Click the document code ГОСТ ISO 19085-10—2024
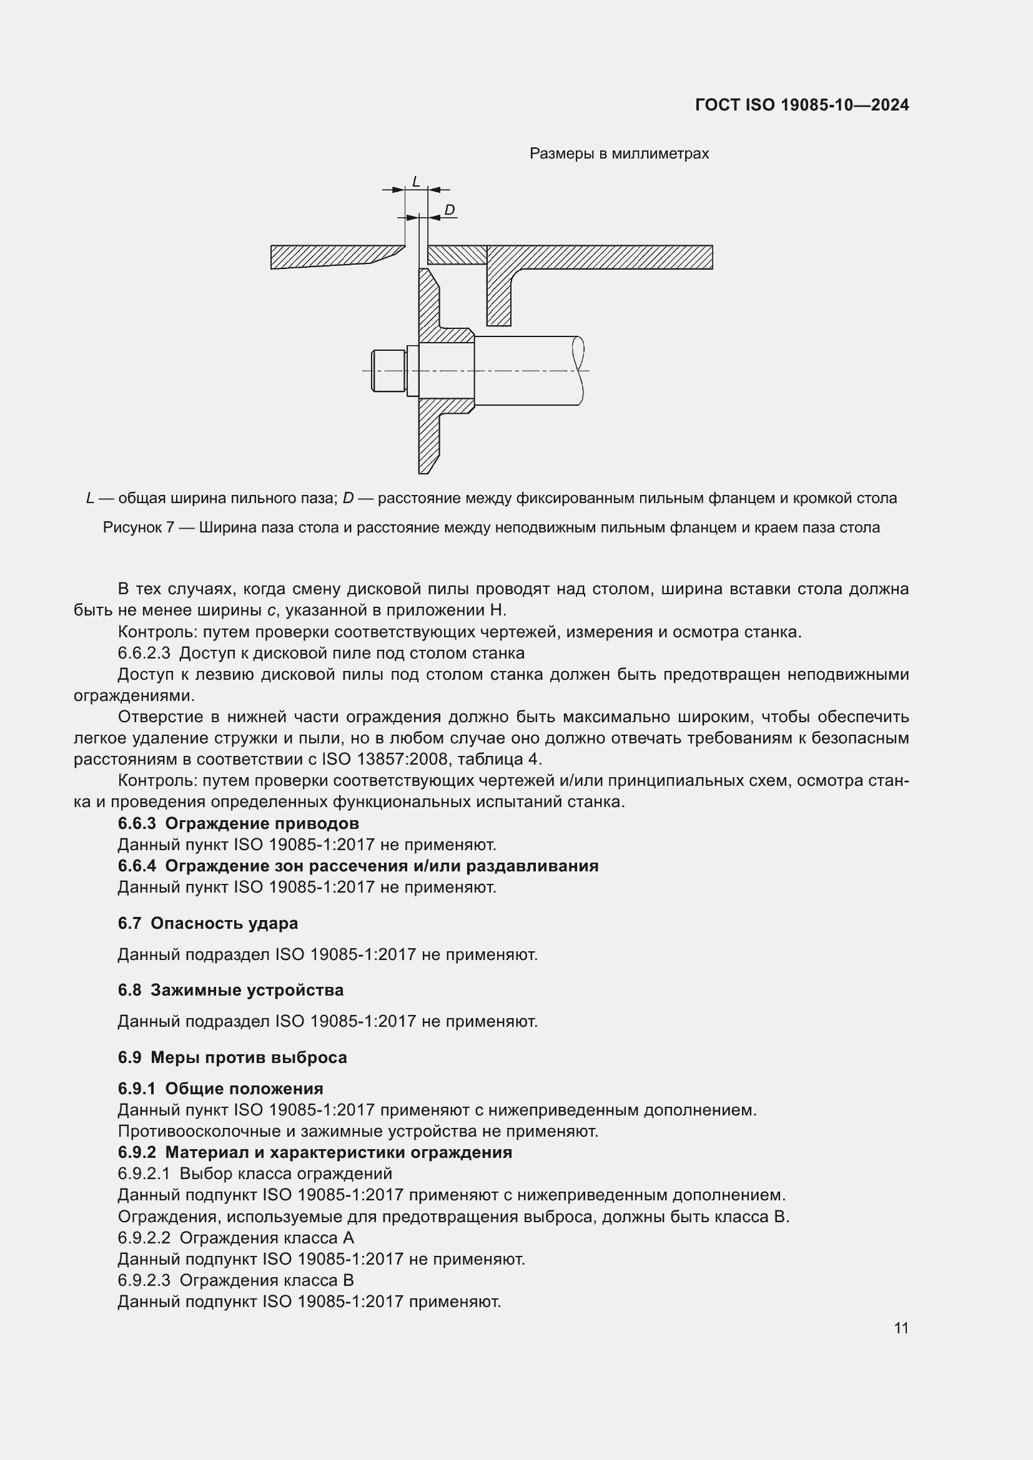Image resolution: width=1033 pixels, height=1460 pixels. point(801,105)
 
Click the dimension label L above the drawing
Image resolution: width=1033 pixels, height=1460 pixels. point(416,182)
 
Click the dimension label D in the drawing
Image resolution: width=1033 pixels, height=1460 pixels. point(449,210)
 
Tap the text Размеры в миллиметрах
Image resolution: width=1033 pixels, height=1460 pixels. point(619,154)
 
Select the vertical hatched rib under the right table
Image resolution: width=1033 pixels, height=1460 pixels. point(498,296)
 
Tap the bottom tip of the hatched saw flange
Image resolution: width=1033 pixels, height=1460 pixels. point(423,469)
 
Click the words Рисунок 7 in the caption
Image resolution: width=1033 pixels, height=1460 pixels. point(139,527)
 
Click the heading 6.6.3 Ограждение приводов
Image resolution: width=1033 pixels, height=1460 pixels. point(238,823)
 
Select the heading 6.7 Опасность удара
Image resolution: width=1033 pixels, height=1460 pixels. point(207,923)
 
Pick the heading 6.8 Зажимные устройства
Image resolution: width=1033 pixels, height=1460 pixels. point(230,990)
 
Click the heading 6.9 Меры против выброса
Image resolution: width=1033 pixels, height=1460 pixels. point(232,1057)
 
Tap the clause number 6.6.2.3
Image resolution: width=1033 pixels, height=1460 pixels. point(144,653)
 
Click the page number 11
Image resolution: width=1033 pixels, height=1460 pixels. point(901,1328)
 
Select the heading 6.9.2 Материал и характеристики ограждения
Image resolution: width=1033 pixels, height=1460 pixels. point(314,1152)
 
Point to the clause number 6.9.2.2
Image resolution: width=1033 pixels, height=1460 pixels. point(144,1237)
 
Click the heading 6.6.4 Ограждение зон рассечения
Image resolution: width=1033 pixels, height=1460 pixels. point(357,866)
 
